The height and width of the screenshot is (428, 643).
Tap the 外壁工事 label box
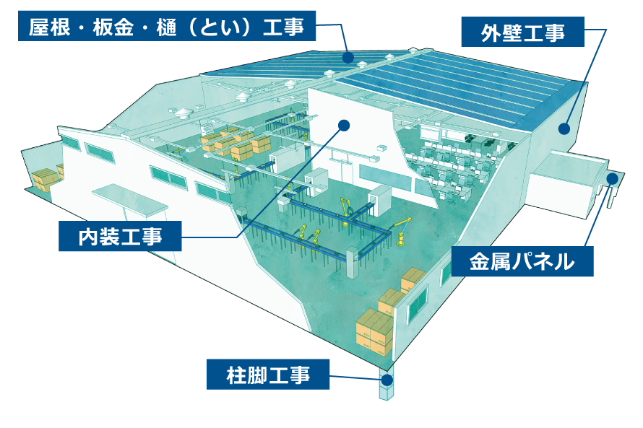[x=522, y=32]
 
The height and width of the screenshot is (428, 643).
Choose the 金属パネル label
[x=522, y=261]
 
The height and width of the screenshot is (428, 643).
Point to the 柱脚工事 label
[x=268, y=375]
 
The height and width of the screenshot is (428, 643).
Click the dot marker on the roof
[x=348, y=56]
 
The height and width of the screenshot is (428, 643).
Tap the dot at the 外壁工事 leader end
[x=564, y=128]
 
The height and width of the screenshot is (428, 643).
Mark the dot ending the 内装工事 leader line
[x=344, y=126]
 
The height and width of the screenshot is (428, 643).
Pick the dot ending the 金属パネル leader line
[x=612, y=178]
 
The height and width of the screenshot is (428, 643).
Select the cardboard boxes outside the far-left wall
[x=45, y=178]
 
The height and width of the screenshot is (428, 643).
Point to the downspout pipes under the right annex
[x=610, y=193]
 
